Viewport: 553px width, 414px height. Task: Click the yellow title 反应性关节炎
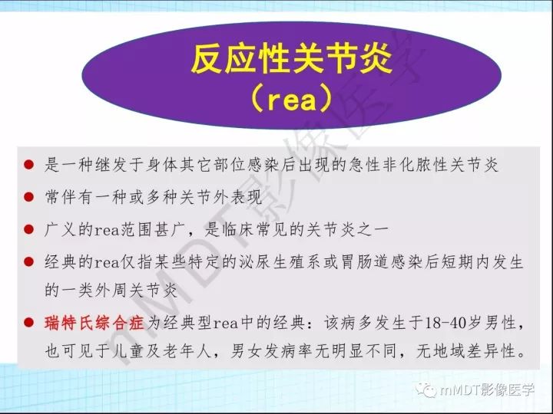click(x=291, y=61)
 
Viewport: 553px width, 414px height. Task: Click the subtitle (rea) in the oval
click(x=291, y=99)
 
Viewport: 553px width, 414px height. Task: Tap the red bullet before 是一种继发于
click(x=28, y=165)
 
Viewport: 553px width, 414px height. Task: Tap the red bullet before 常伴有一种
click(x=28, y=197)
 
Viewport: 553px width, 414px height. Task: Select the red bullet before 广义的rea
click(x=28, y=228)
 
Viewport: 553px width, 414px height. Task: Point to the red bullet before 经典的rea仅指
click(x=28, y=262)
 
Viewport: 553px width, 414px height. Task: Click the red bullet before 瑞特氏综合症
click(x=28, y=323)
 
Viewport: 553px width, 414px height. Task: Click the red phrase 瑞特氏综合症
click(x=94, y=323)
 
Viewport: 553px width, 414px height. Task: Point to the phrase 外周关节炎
click(x=137, y=291)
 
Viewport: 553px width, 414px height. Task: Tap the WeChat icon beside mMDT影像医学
click(x=425, y=390)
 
